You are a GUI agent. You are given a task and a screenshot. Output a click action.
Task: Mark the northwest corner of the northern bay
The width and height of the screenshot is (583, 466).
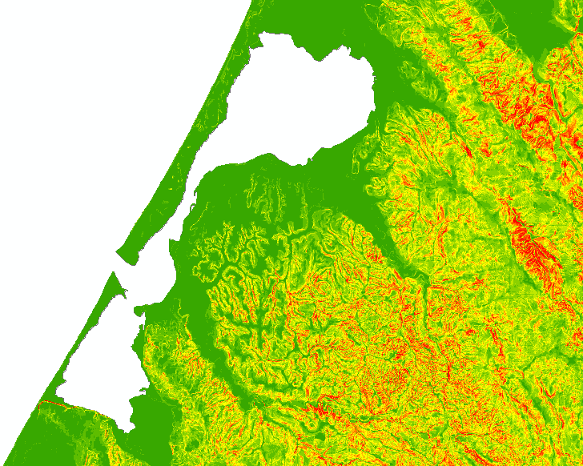(263, 38)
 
